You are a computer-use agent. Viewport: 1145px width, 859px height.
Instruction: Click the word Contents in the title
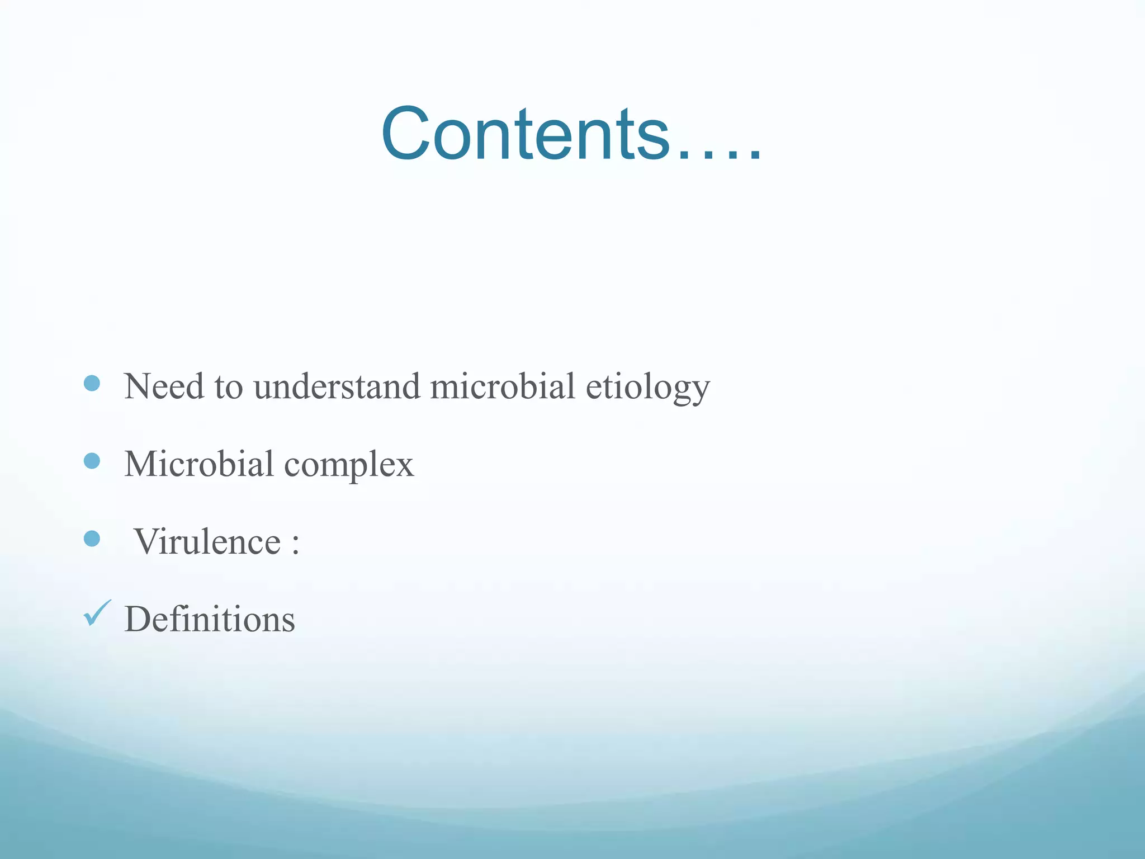(526, 134)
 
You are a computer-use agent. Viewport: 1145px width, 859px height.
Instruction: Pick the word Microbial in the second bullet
(198, 464)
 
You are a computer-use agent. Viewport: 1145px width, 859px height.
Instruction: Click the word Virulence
(207, 541)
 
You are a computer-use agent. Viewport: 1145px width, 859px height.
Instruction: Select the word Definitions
(210, 619)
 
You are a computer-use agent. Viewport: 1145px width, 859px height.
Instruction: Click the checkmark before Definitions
(97, 613)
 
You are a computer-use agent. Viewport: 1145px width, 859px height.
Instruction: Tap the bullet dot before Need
(92, 383)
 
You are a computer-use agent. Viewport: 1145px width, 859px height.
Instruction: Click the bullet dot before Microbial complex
(92, 461)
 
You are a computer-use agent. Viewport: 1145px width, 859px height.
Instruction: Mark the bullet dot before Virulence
(92, 539)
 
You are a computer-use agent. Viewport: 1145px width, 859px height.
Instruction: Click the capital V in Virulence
(150, 541)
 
